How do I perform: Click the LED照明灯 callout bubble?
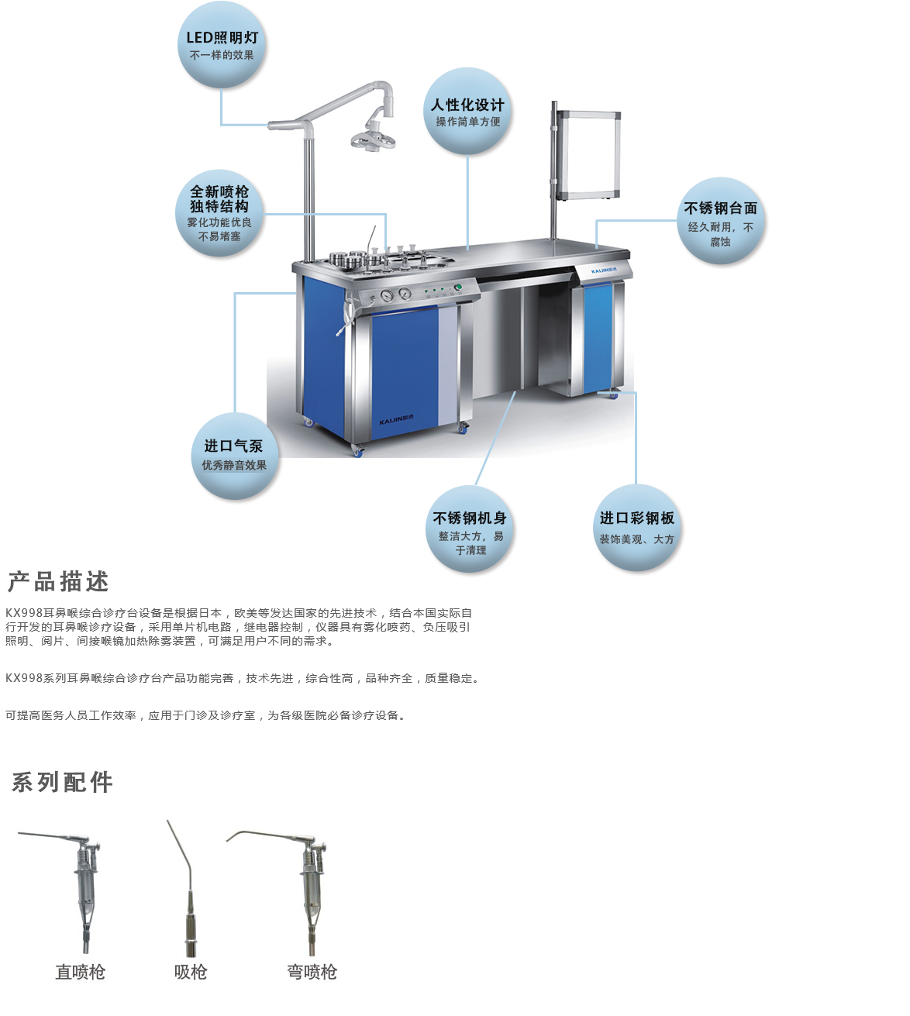point(221,45)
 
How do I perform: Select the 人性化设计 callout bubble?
point(467,112)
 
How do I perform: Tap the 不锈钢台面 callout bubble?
point(720,221)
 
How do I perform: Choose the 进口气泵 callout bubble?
point(234,456)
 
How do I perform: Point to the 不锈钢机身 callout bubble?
point(470,529)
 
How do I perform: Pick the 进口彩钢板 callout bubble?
point(636,528)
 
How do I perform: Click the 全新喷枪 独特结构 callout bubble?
point(219,213)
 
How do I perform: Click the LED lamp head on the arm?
point(372,139)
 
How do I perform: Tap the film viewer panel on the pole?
point(589,155)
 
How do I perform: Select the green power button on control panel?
point(458,288)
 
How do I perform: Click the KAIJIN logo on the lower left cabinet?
point(396,419)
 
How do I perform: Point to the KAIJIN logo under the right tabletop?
point(604,270)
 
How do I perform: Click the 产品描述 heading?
point(58,582)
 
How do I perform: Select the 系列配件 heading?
point(62,782)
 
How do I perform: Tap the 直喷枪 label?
point(81,972)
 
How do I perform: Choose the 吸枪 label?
point(191,972)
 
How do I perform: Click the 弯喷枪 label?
point(312,972)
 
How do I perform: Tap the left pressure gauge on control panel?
point(387,296)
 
